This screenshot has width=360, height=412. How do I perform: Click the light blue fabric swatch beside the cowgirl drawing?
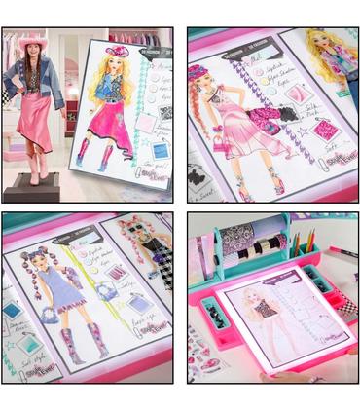point(158,115)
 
